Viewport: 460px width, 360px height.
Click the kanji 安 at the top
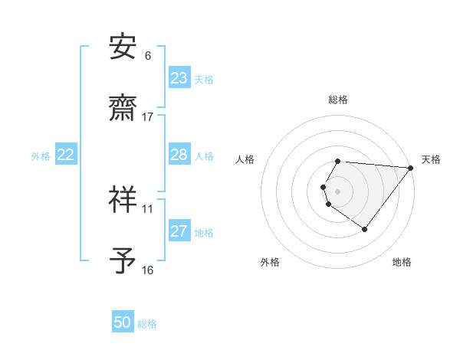pyautogui.click(x=123, y=48)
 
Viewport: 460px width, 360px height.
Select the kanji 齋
pyautogui.click(x=123, y=109)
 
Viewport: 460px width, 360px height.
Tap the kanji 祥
pyautogui.click(x=123, y=199)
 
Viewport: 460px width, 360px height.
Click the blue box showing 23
pyautogui.click(x=179, y=78)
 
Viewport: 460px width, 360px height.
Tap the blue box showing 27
pyautogui.click(x=179, y=232)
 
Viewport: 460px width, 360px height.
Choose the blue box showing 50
pyautogui.click(x=123, y=323)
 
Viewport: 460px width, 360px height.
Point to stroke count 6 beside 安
pyautogui.click(x=148, y=56)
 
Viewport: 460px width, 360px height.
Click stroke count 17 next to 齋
pyautogui.click(x=148, y=117)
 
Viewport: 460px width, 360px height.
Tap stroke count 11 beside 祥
pyautogui.click(x=148, y=208)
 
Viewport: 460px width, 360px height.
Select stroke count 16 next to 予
pyautogui.click(x=148, y=270)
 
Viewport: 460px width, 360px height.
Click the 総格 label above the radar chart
pyautogui.click(x=338, y=100)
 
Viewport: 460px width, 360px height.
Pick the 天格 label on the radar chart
pyautogui.click(x=432, y=159)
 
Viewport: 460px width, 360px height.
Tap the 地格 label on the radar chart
pyautogui.click(x=402, y=262)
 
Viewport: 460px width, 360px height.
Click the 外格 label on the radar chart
pyautogui.click(x=270, y=262)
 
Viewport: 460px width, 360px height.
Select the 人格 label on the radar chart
pyautogui.click(x=245, y=159)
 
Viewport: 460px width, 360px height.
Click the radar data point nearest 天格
pyautogui.click(x=411, y=168)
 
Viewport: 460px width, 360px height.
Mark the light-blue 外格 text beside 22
pyautogui.click(x=41, y=156)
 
